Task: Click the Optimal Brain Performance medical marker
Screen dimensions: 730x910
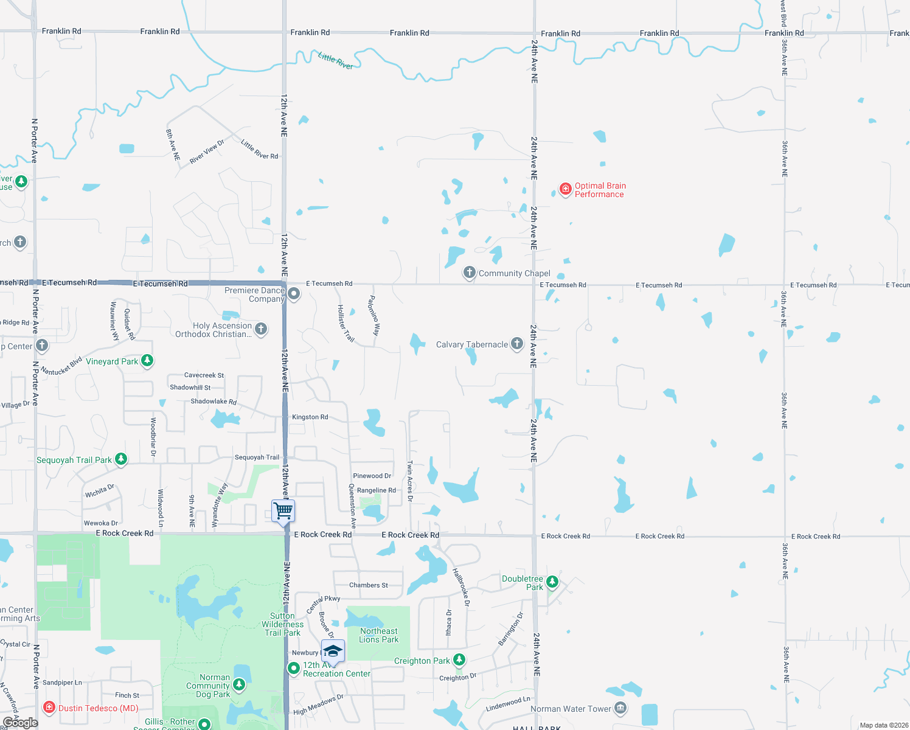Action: point(566,189)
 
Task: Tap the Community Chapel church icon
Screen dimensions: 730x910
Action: point(469,273)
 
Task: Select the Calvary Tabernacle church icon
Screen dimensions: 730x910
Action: point(517,344)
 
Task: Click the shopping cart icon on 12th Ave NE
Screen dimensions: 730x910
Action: point(283,510)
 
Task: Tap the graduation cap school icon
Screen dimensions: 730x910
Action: point(333,652)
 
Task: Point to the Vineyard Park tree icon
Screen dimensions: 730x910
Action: point(147,361)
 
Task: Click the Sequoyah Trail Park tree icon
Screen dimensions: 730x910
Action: point(121,459)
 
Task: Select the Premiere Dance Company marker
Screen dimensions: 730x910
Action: point(294,294)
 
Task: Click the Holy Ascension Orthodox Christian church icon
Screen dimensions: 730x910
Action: point(261,329)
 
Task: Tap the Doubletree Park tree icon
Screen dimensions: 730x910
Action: point(552,582)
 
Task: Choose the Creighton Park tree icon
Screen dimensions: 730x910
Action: point(459,660)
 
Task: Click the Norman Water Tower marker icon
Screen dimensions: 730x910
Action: point(620,707)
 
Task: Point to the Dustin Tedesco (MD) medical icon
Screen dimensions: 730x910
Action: point(49,707)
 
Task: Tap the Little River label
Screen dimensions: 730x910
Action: point(336,60)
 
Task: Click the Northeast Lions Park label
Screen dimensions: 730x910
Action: point(378,635)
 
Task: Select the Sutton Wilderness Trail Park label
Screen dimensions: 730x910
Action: point(283,624)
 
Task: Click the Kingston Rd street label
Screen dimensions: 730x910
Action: point(310,417)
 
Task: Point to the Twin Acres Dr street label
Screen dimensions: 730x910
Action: point(410,481)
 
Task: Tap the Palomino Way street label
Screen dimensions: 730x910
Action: point(374,315)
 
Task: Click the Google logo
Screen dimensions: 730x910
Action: point(20,722)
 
